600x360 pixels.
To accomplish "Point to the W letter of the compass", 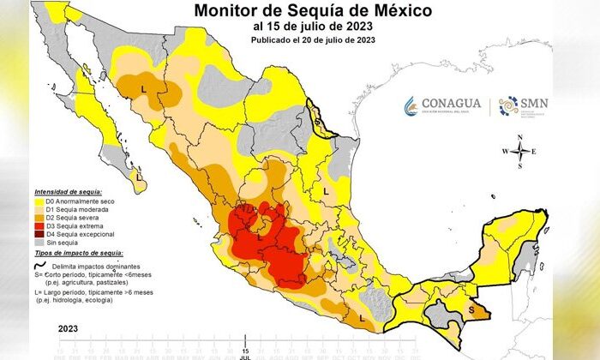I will tap(506, 153).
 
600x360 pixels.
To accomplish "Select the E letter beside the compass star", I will tap(534, 153).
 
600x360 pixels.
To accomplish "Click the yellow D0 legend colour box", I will tap(39, 201).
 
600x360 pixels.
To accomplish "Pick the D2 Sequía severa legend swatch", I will tap(39, 218).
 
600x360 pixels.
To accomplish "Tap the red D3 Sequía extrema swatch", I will tap(39, 226).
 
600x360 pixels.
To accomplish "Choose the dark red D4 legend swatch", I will tap(39, 235).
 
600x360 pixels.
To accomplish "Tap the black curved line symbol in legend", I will tap(39, 266).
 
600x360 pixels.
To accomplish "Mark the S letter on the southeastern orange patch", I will tap(471, 309).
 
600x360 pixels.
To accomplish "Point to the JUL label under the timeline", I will tap(246, 357).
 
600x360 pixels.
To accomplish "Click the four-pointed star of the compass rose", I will tap(519, 153).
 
